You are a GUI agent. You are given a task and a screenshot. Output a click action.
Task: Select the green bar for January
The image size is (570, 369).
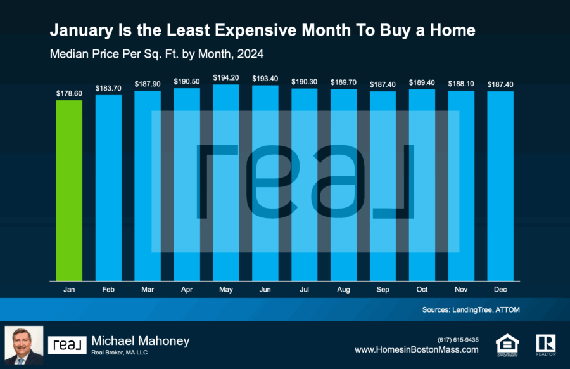[x=69, y=190]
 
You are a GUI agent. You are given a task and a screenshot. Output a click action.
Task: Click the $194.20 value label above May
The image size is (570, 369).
[x=226, y=77]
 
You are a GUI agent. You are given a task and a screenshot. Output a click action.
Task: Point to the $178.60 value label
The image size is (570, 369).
[x=69, y=93]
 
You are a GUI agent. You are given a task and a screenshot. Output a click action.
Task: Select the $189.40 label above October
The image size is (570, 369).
[x=422, y=82]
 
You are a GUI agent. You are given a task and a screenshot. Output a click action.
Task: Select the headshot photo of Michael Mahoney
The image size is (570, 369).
[x=24, y=345]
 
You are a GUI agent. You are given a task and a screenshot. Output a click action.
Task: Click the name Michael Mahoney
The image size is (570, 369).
[x=141, y=341]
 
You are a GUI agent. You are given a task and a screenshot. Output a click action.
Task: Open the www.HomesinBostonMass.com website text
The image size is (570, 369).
[x=416, y=349]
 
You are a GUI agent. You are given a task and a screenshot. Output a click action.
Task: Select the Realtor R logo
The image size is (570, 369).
[x=545, y=344]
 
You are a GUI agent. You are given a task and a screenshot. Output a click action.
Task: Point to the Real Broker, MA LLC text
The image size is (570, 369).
[x=120, y=353]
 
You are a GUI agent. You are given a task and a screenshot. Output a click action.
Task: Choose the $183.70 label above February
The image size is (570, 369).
[x=108, y=88]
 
